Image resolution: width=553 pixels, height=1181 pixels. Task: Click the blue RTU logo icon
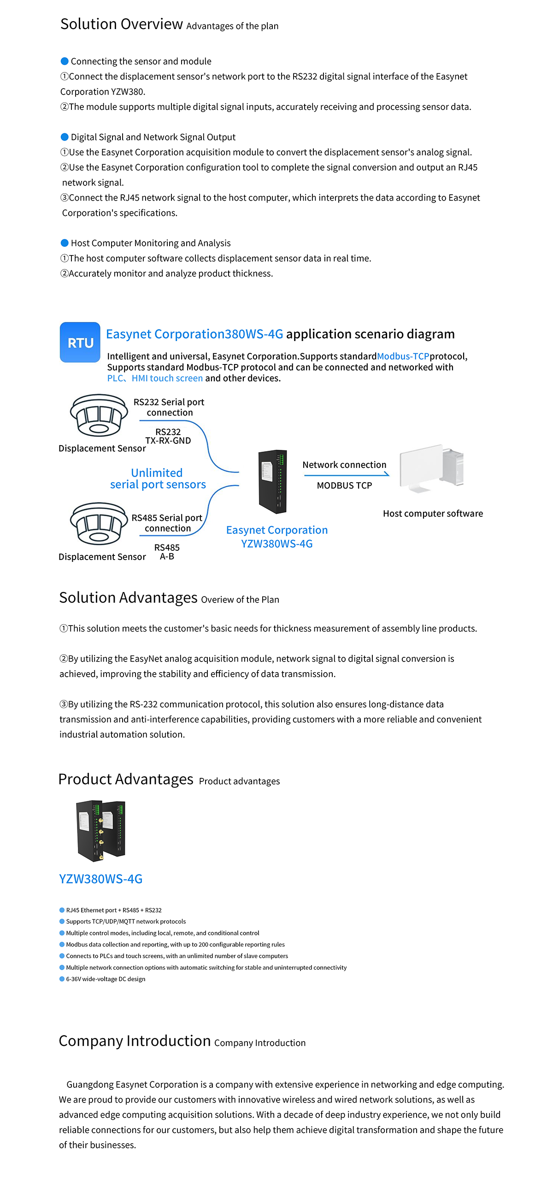[80, 342]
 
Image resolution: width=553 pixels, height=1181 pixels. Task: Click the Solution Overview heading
[121, 24]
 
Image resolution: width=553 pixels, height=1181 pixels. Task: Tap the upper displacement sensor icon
[99, 415]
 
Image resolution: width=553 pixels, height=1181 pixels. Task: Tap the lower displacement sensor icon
[99, 524]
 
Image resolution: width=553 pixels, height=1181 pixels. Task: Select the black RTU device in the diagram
[273, 482]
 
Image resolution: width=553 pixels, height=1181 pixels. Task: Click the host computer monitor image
[430, 468]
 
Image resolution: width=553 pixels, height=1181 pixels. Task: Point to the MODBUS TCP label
[344, 485]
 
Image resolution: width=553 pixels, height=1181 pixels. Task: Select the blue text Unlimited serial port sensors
[158, 478]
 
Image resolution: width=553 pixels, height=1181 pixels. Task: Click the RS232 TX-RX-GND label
[168, 436]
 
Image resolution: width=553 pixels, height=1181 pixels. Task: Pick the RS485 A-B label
[167, 552]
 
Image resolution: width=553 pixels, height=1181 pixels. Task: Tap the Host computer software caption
[433, 513]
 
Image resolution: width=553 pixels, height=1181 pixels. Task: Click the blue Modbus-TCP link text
[403, 356]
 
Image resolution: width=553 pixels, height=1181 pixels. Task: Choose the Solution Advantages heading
[128, 597]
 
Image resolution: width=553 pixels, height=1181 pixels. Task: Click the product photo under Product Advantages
[101, 830]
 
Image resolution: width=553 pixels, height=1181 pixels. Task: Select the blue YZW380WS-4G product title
[100, 879]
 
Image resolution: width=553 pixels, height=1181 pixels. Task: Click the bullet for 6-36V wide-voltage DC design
[62, 978]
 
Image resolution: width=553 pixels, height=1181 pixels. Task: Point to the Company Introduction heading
[135, 1041]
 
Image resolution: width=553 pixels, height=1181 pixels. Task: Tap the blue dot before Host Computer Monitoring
[65, 243]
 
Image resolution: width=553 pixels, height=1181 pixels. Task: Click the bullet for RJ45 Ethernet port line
[62, 910]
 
